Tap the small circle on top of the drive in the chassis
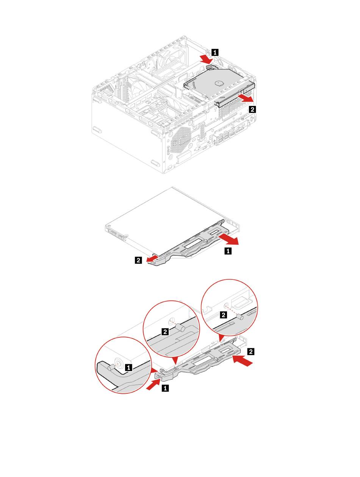coord(218,83)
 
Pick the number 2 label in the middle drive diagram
coord(139,260)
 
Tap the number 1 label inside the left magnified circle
coord(129,367)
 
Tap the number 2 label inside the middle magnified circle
coord(165,332)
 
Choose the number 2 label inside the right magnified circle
coord(224,315)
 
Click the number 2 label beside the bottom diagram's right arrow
coord(250,352)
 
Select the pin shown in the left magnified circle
coord(111,367)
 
